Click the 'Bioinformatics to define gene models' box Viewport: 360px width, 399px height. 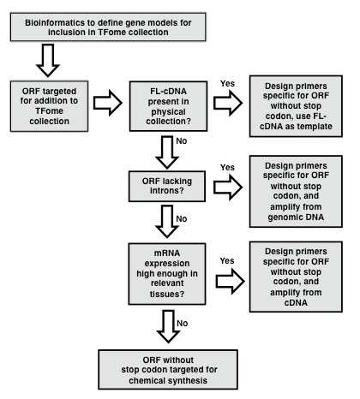point(108,27)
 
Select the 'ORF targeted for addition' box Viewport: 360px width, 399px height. point(49,106)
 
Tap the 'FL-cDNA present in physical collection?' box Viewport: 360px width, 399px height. point(168,106)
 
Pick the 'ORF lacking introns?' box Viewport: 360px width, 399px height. point(167,187)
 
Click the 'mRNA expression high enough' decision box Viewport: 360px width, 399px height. point(167,274)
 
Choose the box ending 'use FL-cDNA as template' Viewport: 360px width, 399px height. point(296,106)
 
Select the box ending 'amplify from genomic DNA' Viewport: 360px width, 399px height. point(296,192)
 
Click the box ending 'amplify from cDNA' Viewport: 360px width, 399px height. point(296,277)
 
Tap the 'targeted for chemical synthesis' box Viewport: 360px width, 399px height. point(168,370)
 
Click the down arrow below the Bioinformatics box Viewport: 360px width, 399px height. point(48,60)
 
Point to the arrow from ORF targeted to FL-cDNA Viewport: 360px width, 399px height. point(108,103)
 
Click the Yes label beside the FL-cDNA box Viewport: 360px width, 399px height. point(227,84)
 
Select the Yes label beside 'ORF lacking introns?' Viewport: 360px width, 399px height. point(227,168)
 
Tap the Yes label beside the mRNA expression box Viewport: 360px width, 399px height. point(227,261)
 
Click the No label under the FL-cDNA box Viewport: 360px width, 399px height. point(182,141)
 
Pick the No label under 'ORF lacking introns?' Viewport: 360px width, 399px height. point(182,219)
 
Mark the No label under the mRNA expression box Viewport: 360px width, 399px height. point(183,324)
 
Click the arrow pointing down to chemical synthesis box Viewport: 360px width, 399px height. point(168,326)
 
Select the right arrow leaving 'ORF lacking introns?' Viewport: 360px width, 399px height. point(228,188)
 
